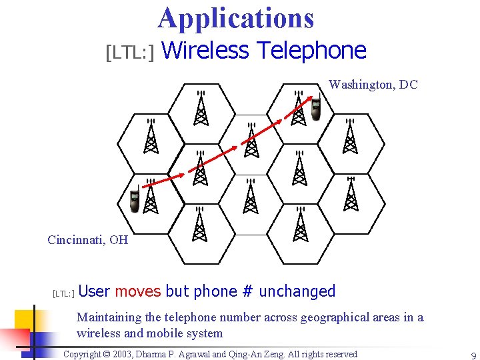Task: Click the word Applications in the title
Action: tap(236, 18)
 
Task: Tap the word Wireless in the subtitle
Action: tap(205, 51)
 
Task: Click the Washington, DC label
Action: tap(373, 85)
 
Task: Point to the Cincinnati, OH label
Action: tap(87, 240)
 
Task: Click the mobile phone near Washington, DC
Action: tap(316, 106)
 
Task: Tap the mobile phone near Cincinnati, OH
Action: tap(135, 201)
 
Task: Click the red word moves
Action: tap(138, 291)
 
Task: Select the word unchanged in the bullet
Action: tap(297, 291)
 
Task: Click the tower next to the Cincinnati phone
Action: tap(151, 197)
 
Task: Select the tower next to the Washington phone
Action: tap(299, 108)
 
